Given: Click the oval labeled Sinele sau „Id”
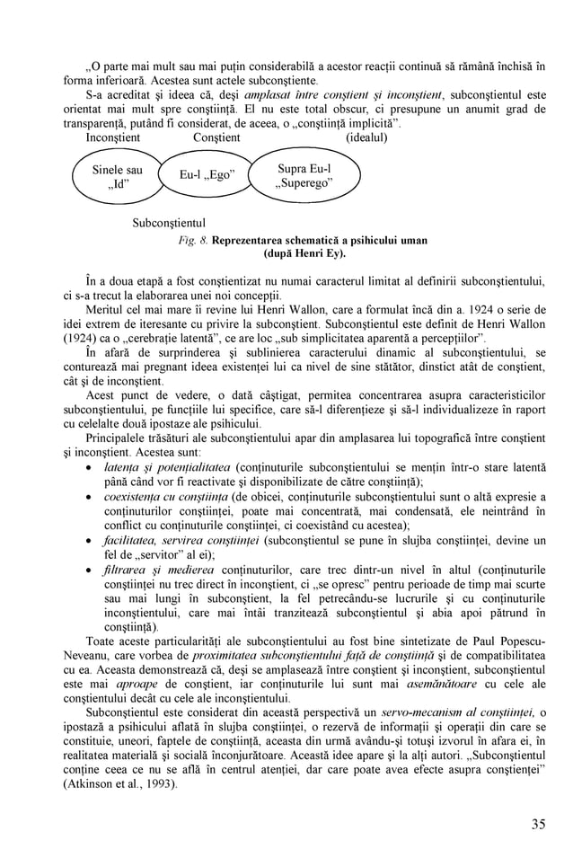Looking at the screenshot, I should (118, 177).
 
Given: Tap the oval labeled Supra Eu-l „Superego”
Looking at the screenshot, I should (303, 176).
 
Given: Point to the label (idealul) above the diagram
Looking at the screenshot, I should (366, 137).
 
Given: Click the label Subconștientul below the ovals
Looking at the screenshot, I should (169, 222).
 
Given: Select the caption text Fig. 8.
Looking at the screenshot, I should (193, 240).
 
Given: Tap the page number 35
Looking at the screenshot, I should (537, 824).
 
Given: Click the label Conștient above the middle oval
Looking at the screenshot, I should (216, 137).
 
